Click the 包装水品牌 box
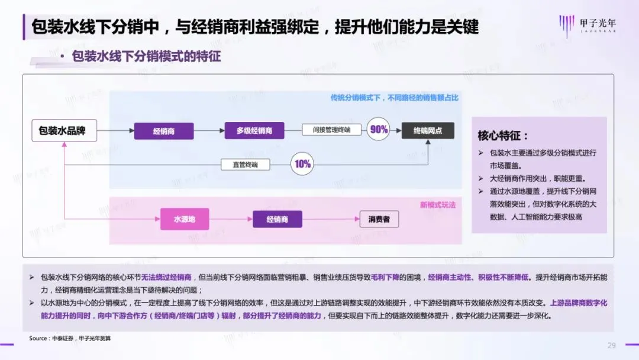62,131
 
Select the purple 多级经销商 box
254,131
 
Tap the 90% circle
378,130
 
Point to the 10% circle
302,164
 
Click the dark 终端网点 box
428,131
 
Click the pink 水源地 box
185,220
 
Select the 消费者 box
379,220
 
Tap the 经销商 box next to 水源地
277,220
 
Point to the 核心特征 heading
503,136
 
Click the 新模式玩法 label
438,205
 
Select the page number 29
612,345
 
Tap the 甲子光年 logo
582,26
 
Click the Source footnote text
70,338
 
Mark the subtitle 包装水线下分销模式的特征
146,57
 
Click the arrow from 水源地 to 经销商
231,220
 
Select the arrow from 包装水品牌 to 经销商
116,131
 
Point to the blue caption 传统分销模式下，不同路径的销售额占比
395,98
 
